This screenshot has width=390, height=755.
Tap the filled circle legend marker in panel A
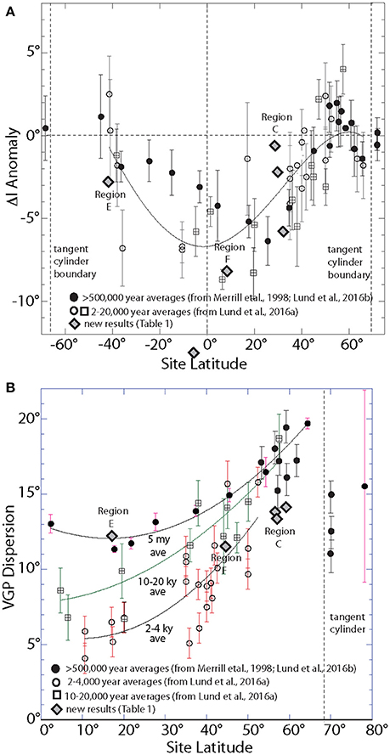click(75, 296)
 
